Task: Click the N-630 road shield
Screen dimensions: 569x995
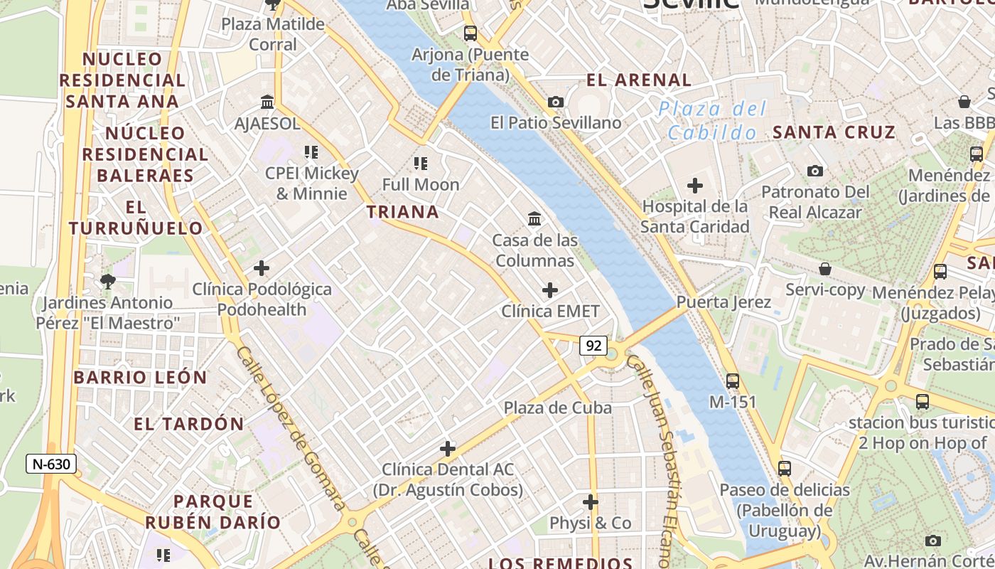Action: click(x=52, y=464)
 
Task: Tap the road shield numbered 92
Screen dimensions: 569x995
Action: click(x=593, y=346)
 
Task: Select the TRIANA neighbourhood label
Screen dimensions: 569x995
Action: click(x=403, y=212)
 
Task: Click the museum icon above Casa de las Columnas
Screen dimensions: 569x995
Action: click(x=534, y=219)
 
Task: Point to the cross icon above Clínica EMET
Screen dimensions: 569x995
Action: click(x=550, y=290)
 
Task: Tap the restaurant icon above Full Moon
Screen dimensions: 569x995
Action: click(x=421, y=164)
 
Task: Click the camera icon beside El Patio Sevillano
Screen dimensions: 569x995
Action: click(x=556, y=102)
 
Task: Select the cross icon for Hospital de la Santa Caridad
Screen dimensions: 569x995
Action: click(x=695, y=186)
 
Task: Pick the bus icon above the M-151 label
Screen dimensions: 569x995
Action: click(x=733, y=381)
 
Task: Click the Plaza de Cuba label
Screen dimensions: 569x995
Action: click(x=558, y=408)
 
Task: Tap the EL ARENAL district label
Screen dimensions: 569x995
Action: click(x=639, y=80)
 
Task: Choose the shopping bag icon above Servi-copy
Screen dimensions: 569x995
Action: click(x=825, y=269)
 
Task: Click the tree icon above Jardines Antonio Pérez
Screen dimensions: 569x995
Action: click(x=108, y=282)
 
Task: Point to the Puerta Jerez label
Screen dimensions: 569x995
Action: click(x=724, y=302)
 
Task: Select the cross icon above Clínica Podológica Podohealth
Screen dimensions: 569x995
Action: click(x=262, y=268)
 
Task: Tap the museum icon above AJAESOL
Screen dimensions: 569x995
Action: click(x=267, y=102)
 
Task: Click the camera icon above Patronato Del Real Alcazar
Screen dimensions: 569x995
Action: click(x=815, y=171)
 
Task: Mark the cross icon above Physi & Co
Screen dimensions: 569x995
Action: click(x=591, y=502)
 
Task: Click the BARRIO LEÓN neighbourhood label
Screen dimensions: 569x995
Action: click(x=140, y=378)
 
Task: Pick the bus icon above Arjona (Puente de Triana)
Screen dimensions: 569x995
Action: click(x=470, y=33)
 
